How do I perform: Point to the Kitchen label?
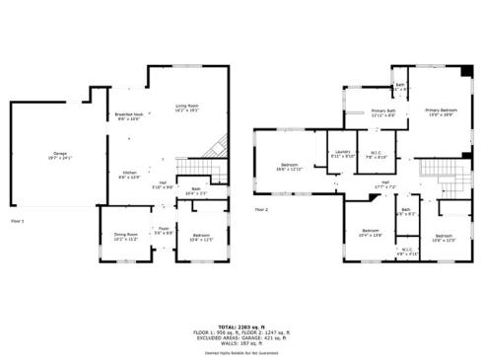click(128, 174)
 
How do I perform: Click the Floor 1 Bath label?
click(196, 190)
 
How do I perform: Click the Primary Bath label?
click(383, 113)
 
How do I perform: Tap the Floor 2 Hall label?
click(386, 183)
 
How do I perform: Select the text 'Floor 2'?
click(261, 210)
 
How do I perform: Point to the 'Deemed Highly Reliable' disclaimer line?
click(241, 350)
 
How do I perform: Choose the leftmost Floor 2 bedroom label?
click(290, 166)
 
